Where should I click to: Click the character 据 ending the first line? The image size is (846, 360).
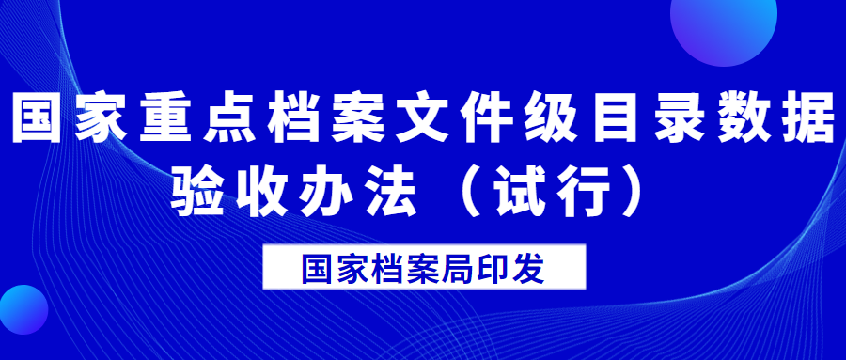coord(808,118)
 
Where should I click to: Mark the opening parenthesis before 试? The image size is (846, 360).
coord(471,193)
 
